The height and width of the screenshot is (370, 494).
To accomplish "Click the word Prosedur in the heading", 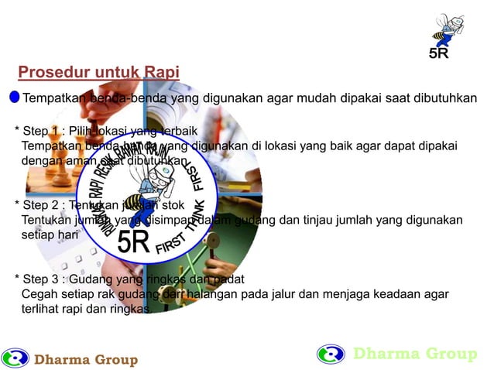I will pyautogui.click(x=48, y=73).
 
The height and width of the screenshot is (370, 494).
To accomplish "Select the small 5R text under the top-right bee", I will pyautogui.click(x=439, y=54).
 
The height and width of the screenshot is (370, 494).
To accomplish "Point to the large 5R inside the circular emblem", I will pyautogui.click(x=133, y=241).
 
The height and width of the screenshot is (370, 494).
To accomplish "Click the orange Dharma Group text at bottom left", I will pyautogui.click(x=86, y=360).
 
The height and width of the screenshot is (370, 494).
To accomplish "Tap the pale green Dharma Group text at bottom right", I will pyautogui.click(x=415, y=355).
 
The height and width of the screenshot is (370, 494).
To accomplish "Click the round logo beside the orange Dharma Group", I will pyautogui.click(x=15, y=358).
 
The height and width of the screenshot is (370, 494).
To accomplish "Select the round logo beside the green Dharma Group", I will pyautogui.click(x=331, y=354).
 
